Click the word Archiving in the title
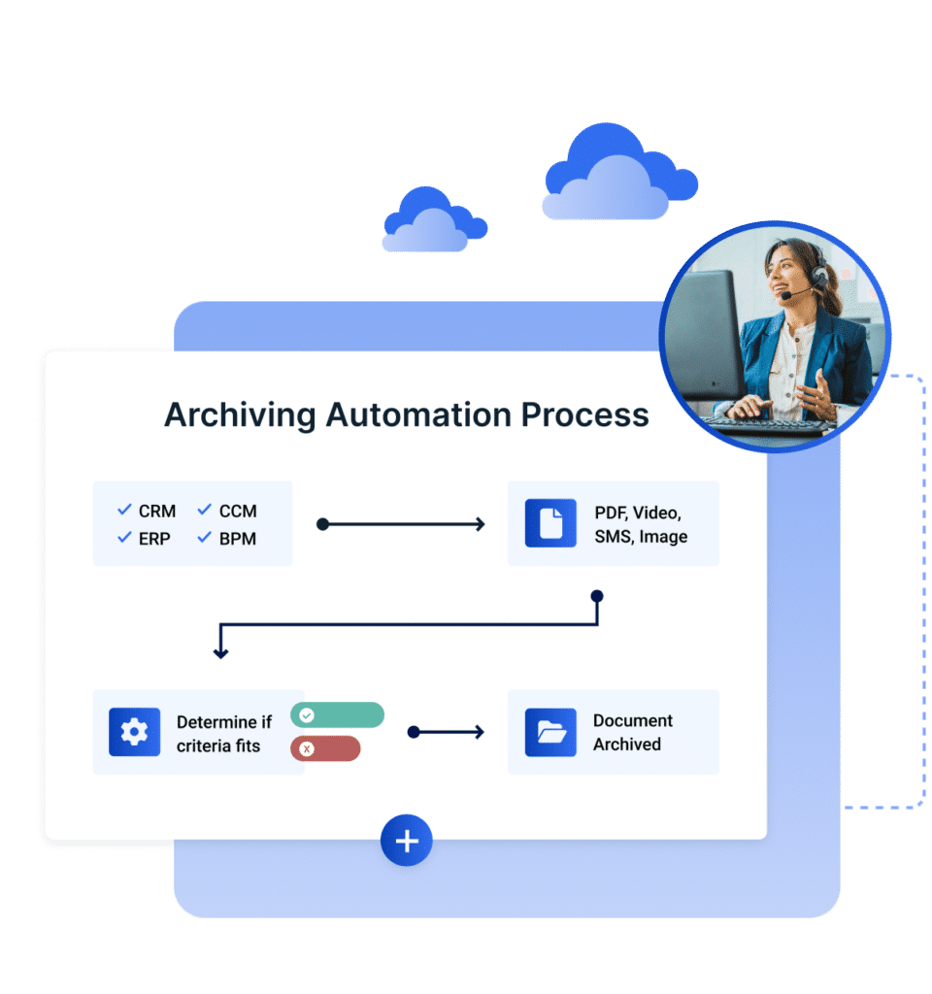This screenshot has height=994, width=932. (240, 414)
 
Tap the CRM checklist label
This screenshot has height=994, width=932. (156, 511)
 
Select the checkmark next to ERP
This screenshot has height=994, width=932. (124, 537)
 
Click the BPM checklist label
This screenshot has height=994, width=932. (238, 538)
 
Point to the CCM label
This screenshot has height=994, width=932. (238, 511)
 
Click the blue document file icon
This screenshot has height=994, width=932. (550, 523)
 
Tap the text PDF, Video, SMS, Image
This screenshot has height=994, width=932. (641, 524)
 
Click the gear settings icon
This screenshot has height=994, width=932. (134, 733)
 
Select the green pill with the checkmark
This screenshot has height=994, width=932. (337, 715)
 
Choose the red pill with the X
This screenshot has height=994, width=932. (325, 748)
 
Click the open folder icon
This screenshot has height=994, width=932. (550, 733)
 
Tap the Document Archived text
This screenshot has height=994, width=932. (632, 733)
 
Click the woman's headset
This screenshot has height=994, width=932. (818, 266)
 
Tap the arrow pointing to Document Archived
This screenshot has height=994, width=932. (446, 732)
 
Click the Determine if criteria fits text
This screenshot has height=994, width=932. (223, 734)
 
